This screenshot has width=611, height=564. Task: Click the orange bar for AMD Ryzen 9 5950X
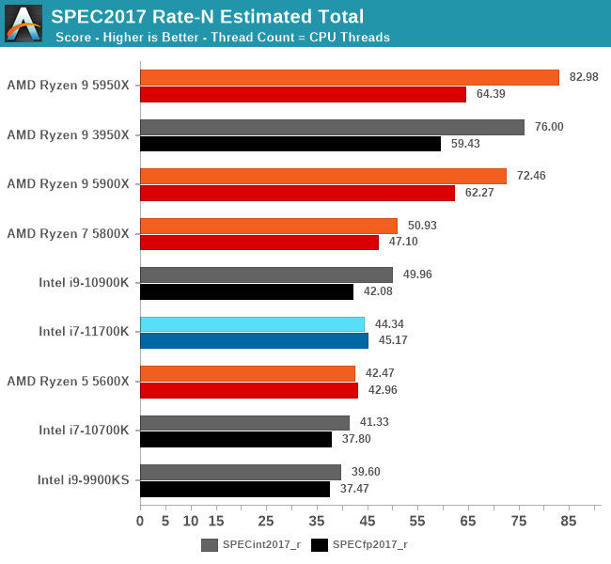point(349,78)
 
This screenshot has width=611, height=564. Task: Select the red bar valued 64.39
point(303,95)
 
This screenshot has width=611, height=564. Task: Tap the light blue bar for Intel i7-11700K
point(252,324)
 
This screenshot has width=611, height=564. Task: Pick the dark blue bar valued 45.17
point(254,341)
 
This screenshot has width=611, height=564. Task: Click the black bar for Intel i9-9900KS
point(235,490)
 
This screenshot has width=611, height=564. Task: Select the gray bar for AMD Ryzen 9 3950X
point(332,127)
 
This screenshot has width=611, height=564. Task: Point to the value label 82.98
point(579,77)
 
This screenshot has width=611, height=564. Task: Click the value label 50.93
point(418,226)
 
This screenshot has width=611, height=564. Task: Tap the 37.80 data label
point(353,439)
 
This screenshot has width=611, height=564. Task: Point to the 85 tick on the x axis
point(569,520)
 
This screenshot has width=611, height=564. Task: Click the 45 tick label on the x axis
point(368,520)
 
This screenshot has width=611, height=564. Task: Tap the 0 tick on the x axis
point(140,520)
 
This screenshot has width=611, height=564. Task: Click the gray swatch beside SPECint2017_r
point(209,544)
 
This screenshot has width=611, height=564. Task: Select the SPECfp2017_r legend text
point(370,544)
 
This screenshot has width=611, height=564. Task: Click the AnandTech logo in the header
point(23,23)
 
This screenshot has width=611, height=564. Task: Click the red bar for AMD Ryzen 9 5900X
point(297,193)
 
